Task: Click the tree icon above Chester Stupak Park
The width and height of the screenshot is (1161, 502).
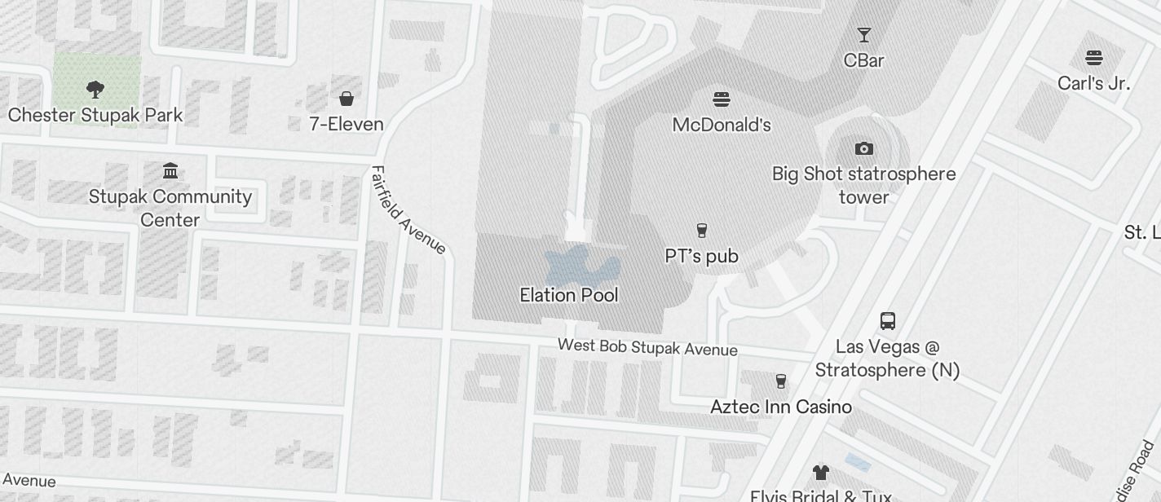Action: click(x=95, y=90)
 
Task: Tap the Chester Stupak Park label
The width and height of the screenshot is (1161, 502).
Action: click(x=95, y=115)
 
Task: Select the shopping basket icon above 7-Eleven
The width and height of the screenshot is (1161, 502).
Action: click(x=346, y=99)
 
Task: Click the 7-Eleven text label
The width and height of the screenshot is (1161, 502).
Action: click(x=346, y=124)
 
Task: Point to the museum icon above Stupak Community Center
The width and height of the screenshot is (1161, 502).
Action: click(x=170, y=171)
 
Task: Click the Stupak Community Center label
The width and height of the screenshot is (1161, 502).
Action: click(x=170, y=208)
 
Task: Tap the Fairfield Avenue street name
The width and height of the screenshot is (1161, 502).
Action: click(x=408, y=210)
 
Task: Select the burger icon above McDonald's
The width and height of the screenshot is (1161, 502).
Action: click(x=721, y=99)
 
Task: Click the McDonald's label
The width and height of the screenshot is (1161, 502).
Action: click(x=721, y=125)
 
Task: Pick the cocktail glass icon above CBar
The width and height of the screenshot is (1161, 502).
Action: click(x=863, y=35)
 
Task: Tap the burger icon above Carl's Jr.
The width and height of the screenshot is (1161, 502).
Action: click(x=1093, y=58)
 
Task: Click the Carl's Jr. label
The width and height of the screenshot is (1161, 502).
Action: click(x=1093, y=83)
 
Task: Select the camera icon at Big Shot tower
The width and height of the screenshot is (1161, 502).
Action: click(x=863, y=148)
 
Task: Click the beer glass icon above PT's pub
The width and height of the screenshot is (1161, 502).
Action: click(x=701, y=231)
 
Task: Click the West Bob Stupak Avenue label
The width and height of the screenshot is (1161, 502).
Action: click(x=647, y=347)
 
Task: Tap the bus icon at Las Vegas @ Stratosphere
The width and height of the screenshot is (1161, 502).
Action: click(x=887, y=321)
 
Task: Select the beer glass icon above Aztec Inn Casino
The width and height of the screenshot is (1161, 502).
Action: click(x=780, y=381)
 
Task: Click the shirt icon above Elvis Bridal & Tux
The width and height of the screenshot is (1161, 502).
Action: click(x=820, y=472)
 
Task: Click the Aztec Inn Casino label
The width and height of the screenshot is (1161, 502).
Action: click(x=780, y=407)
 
